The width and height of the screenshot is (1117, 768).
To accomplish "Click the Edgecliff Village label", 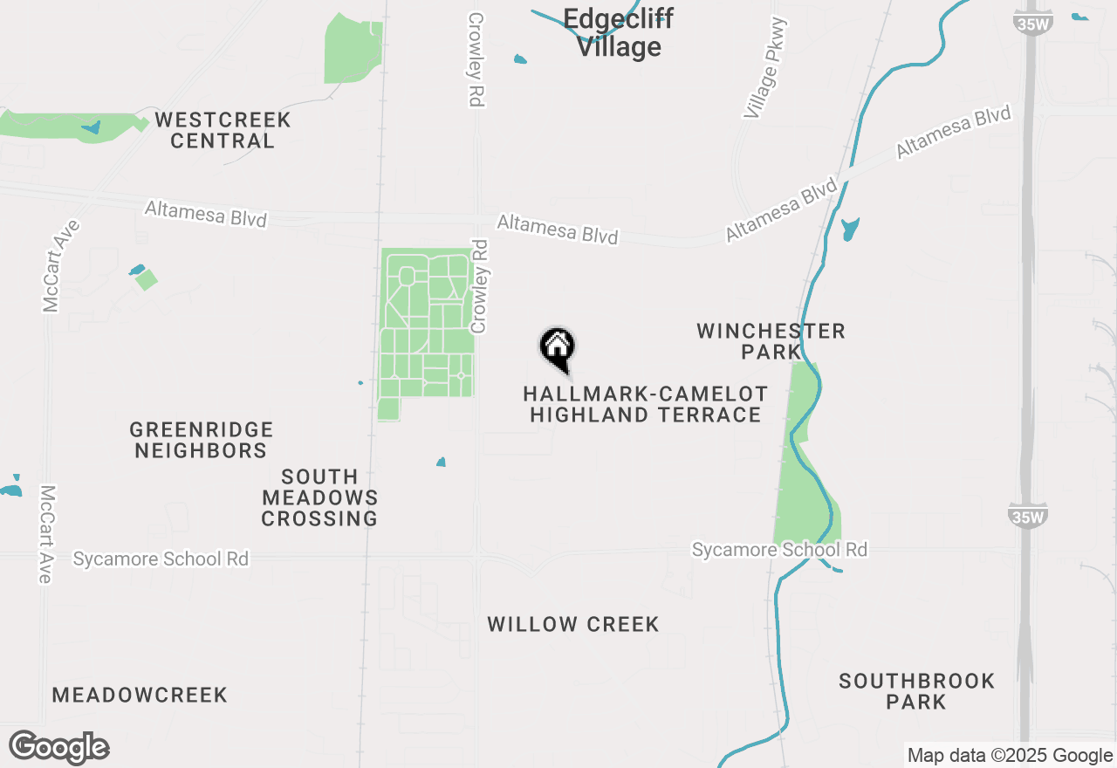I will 618,33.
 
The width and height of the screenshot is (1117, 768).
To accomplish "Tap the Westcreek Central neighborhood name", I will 222,130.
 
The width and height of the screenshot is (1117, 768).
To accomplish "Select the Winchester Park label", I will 771,341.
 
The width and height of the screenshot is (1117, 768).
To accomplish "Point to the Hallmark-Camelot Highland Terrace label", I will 646,405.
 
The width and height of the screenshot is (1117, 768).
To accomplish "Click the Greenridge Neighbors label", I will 201,440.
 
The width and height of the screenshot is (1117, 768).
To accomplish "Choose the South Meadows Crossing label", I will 319,497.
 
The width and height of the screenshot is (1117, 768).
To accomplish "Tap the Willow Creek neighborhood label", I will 572,624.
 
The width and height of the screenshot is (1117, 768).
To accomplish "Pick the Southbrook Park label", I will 916,691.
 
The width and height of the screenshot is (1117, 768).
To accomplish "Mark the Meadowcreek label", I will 140,695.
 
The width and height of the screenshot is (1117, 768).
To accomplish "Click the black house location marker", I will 558,348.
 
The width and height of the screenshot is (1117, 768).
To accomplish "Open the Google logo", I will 59,748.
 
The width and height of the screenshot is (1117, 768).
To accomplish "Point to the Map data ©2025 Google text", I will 1009,756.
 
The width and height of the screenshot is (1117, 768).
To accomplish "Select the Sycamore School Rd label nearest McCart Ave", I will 161,559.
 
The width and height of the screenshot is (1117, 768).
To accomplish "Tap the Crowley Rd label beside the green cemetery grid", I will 478,286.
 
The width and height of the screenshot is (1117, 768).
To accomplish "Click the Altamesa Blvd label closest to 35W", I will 953,133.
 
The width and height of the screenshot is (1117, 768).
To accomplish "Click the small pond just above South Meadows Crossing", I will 441,462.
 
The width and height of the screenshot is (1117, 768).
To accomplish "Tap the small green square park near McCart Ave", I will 147,280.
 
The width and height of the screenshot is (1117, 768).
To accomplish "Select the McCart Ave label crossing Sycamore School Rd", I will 46,534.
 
